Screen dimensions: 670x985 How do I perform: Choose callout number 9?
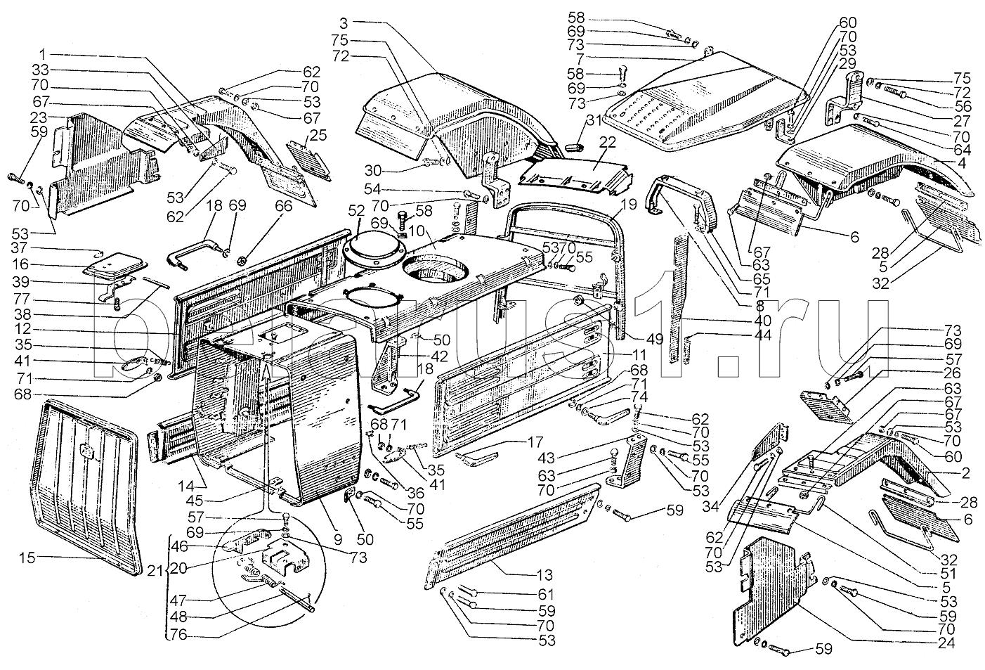click(337, 541)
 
